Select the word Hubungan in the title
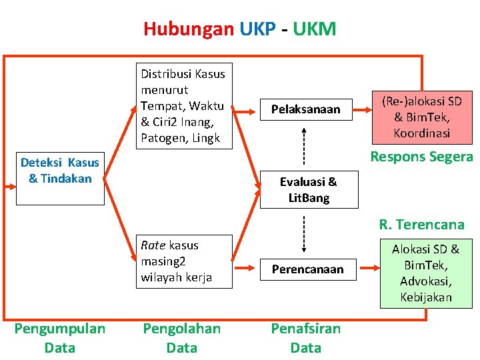[x=189, y=29]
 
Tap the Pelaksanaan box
[x=305, y=109]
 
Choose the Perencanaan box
[x=307, y=269]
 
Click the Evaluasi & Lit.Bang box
[x=308, y=189]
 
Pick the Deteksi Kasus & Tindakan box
[x=60, y=170]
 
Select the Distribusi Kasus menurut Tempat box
[x=183, y=106]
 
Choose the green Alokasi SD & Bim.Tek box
[x=425, y=273]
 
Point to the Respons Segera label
[x=421, y=157]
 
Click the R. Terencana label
[x=421, y=224]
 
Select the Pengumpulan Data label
[x=60, y=338]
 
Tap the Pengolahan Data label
[x=182, y=338]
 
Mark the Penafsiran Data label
[x=306, y=338]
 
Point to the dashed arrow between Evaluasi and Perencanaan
[x=304, y=232]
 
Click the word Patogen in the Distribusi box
[x=161, y=138]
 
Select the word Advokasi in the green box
[x=425, y=281]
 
